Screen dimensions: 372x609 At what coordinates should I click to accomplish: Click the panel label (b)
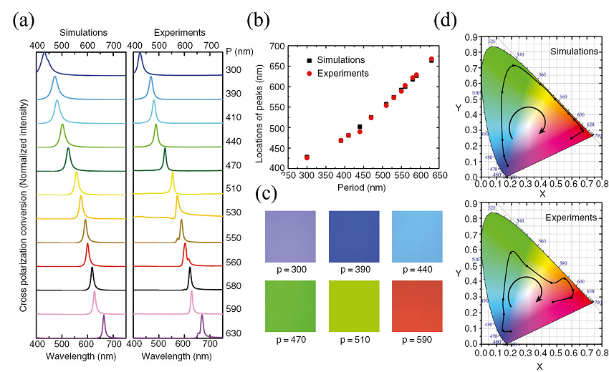click(x=259, y=19)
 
